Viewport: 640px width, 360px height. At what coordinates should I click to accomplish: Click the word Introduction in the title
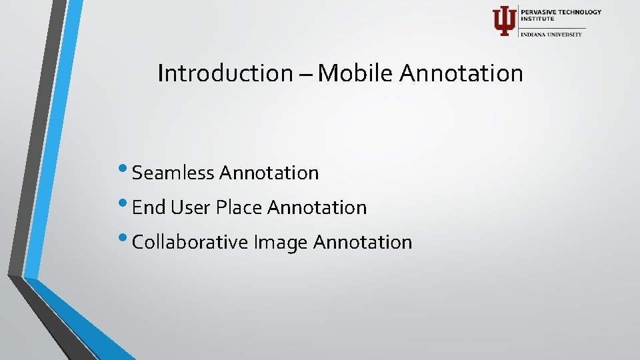coord(224,73)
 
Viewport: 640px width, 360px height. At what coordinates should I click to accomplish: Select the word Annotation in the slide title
coord(461,73)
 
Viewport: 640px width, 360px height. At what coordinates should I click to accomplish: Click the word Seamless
coord(173,173)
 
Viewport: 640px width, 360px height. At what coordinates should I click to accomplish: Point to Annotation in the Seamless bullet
coord(269,173)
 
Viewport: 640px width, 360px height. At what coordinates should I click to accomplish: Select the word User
coord(191,208)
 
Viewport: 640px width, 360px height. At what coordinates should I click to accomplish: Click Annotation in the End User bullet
coord(317,208)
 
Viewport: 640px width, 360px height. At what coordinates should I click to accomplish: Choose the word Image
coord(281,243)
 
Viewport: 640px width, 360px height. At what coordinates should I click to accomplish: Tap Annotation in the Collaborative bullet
coord(363,243)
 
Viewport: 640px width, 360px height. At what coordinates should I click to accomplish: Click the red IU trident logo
coord(503,21)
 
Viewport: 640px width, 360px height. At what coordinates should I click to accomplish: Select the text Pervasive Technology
coord(561,12)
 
